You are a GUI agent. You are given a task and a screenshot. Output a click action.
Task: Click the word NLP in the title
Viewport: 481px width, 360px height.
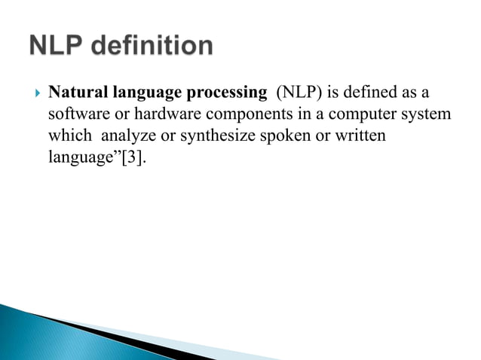[61, 47]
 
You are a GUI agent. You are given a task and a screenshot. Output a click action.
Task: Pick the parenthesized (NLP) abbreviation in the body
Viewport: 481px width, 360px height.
[299, 93]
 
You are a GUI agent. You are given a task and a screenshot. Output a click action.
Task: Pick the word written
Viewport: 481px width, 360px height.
[358, 138]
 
